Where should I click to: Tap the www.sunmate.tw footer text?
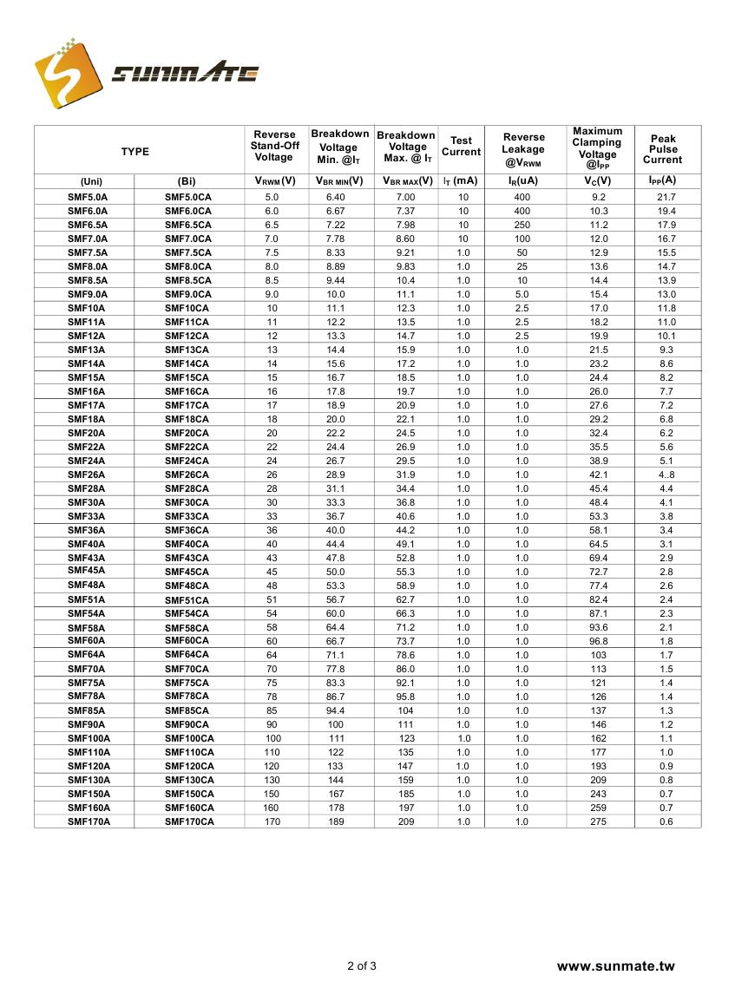[x=615, y=966]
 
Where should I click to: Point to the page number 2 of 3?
[x=362, y=966]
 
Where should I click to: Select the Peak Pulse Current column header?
[x=663, y=149]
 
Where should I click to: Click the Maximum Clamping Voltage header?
[x=598, y=148]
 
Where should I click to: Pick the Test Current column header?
[x=461, y=146]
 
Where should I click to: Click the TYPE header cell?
[x=135, y=152]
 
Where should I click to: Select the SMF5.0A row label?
[x=88, y=197]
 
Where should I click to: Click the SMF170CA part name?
[x=189, y=821]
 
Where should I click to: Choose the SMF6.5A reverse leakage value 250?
[x=522, y=225]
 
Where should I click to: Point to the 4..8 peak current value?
[x=666, y=474]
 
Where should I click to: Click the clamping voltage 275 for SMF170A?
[x=599, y=821]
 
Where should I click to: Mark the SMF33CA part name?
[x=187, y=516]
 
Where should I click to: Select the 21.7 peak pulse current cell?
[x=666, y=197]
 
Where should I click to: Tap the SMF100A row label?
[x=89, y=738]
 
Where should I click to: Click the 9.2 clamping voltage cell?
[x=599, y=197]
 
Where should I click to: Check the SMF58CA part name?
[x=187, y=628]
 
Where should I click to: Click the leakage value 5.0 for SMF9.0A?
[x=522, y=294]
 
